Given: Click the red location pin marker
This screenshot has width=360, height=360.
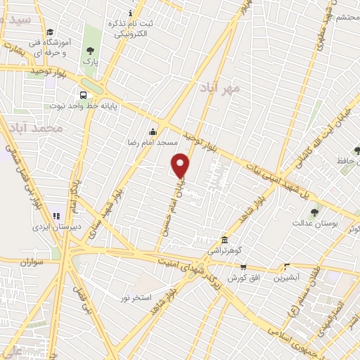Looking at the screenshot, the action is pyautogui.click(x=181, y=166).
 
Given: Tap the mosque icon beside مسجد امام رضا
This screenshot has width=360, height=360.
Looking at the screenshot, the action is pyautogui.click(x=153, y=131).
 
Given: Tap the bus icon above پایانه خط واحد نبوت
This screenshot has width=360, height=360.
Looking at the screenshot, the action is pyautogui.click(x=84, y=95).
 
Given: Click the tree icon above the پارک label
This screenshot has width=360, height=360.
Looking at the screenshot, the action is pyautogui.click(x=89, y=51).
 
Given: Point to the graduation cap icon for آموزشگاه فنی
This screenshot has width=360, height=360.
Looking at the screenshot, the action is pyautogui.click(x=50, y=32).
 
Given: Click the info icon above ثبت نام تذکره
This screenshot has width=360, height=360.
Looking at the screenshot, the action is pyautogui.click(x=129, y=13).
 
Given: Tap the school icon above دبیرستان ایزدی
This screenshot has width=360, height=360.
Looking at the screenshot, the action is pyautogui.click(x=56, y=216).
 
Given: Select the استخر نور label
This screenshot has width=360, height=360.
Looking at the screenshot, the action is pyautogui.click(x=135, y=298).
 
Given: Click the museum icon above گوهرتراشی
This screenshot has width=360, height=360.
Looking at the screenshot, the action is pyautogui.click(x=224, y=240).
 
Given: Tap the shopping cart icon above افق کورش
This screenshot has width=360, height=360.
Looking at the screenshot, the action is pyautogui.click(x=243, y=267).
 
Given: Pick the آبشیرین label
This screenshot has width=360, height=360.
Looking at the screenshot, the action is pyautogui.click(x=287, y=277).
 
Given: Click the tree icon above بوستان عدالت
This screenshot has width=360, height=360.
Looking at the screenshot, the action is pyautogui.click(x=314, y=212).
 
